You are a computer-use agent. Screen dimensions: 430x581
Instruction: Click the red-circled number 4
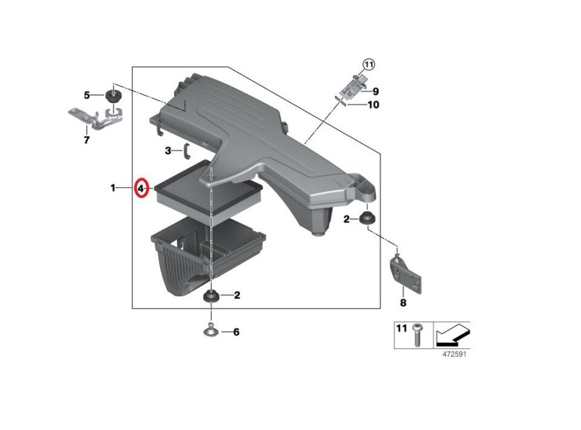140,188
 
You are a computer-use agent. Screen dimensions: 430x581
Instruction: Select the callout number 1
113,188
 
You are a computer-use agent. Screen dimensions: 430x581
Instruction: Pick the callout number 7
86,141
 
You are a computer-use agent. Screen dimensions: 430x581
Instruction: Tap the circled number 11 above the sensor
369,64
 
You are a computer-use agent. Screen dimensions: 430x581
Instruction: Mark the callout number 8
403,302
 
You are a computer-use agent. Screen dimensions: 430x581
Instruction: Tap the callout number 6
236,332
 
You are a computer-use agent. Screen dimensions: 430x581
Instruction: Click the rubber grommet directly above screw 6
211,296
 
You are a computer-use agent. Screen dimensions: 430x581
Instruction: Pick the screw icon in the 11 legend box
417,334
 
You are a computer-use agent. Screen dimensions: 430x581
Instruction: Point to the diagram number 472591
454,355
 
